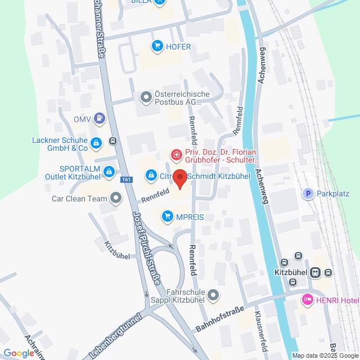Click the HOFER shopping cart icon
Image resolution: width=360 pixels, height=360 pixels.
click(157, 47)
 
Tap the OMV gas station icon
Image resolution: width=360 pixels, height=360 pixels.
click(100, 118)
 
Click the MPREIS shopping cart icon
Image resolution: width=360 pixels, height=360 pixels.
click(167, 215)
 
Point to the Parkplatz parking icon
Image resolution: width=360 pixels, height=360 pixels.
click(307, 193)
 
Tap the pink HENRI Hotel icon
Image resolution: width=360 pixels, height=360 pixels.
click(307, 299)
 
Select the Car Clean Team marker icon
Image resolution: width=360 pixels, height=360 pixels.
click(116, 198)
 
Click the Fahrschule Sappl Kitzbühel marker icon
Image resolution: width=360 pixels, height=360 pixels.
click(213, 294)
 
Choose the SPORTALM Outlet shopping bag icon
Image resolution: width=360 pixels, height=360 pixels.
click(109, 172)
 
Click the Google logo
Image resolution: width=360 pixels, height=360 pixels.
click(18, 353)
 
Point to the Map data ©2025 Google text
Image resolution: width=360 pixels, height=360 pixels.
click(325, 355)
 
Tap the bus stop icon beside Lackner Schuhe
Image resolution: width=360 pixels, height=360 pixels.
click(113, 141)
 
